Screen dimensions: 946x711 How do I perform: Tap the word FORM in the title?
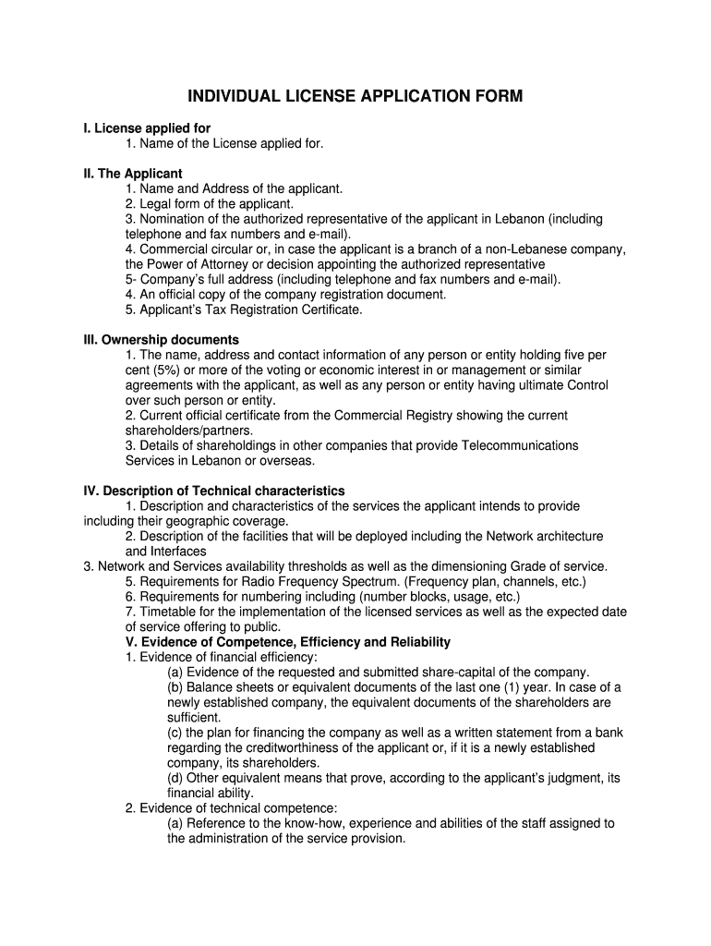(498, 96)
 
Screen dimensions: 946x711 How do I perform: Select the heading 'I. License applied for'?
(147, 127)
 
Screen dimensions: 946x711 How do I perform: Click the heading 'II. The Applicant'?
(133, 173)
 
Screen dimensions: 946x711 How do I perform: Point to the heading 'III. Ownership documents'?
(162, 339)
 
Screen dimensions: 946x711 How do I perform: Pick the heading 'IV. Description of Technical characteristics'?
(214, 491)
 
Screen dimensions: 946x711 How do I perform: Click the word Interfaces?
(178, 551)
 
